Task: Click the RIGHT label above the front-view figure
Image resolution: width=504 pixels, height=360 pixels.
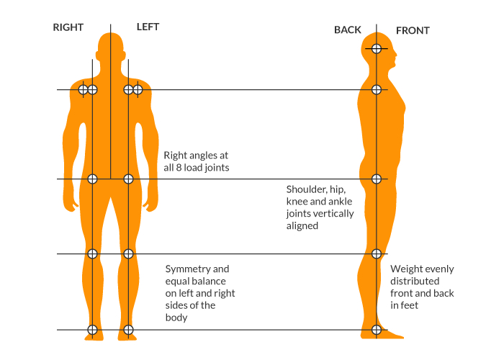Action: point(68,27)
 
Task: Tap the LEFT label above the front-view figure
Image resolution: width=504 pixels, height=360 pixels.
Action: point(148,27)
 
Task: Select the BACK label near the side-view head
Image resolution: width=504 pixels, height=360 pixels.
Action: point(348,30)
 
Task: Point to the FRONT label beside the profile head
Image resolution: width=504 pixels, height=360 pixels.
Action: point(413,31)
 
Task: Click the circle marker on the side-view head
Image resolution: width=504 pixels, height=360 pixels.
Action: point(376,49)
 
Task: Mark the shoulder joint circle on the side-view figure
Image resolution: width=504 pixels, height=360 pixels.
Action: point(376,90)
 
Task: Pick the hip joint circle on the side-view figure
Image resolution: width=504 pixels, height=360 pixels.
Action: point(376,179)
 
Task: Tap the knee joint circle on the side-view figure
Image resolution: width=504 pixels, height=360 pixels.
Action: point(376,253)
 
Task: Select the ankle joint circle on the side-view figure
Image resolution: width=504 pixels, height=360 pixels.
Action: point(376,330)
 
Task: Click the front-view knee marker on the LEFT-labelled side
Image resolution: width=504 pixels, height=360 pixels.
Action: point(128,253)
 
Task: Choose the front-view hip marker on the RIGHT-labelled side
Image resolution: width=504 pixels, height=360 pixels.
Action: point(92,179)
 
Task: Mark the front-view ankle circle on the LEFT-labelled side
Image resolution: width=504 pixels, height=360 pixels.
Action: point(128,330)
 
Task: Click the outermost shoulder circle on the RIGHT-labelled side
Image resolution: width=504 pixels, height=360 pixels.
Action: point(83,90)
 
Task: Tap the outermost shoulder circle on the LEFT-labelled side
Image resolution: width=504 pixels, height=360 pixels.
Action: point(138,90)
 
